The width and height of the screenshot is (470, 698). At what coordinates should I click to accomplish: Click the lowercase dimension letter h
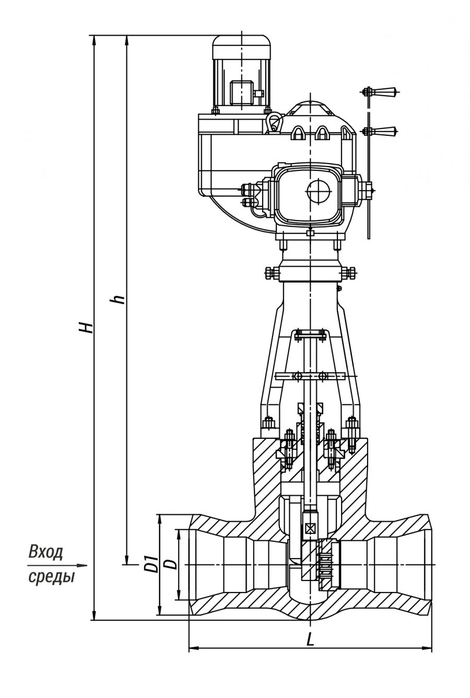point(119,299)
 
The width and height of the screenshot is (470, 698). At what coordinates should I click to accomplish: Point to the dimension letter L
point(310,639)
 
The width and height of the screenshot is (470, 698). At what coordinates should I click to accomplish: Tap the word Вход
point(46,552)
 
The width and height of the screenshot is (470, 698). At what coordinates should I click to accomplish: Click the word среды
point(51,577)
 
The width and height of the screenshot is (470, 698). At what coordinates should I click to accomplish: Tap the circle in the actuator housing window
point(319,191)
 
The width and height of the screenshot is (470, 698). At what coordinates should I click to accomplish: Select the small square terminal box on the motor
point(241,93)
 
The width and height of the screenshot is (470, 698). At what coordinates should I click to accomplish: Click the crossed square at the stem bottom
point(310,528)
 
